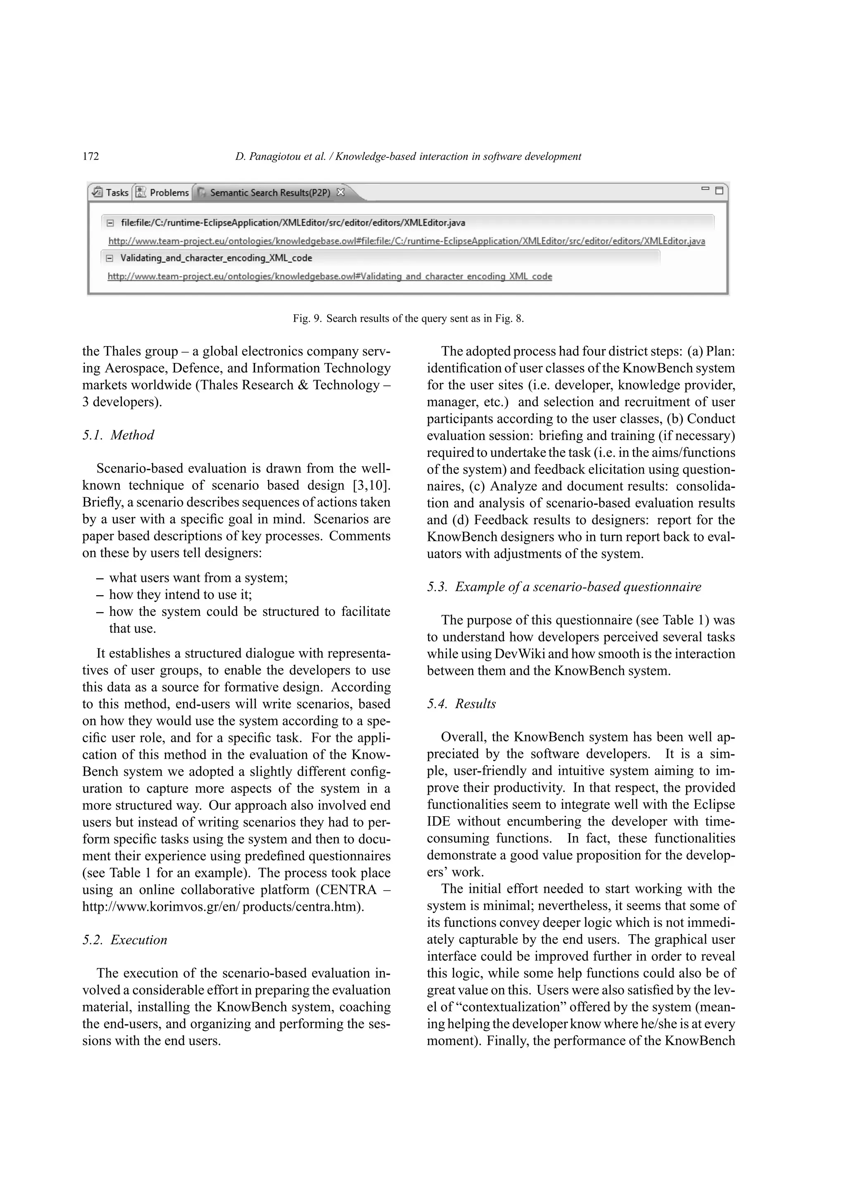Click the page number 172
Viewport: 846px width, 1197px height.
point(91,157)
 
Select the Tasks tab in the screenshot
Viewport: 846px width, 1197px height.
point(111,192)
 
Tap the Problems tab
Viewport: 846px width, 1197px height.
point(163,192)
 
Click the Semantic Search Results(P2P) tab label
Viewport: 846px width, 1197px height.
point(269,192)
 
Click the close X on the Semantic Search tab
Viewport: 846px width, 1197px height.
point(340,192)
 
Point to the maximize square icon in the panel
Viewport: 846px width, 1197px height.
point(719,190)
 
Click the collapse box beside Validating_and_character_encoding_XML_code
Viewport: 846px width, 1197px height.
point(109,258)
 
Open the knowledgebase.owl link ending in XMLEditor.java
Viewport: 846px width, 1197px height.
point(406,241)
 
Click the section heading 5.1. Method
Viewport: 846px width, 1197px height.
point(118,435)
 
